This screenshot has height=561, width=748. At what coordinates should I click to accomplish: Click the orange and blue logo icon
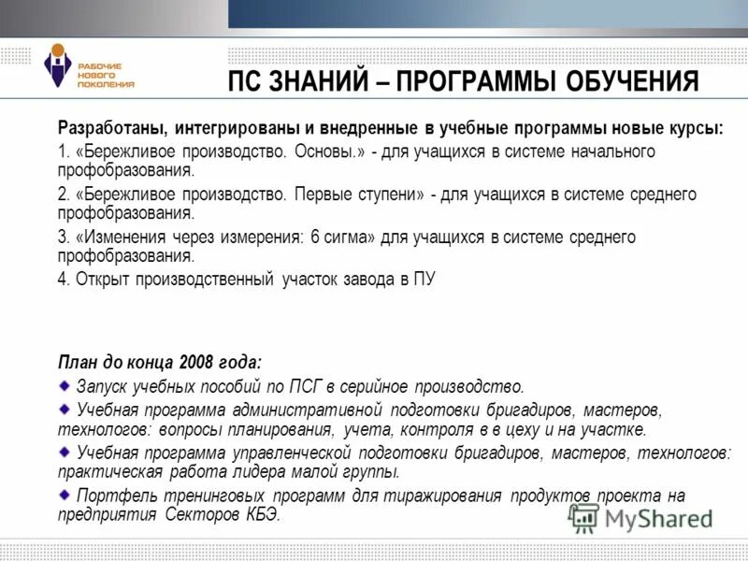point(58,67)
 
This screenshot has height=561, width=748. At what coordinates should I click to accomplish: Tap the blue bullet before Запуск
point(64,384)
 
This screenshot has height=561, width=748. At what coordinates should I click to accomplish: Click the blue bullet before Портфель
point(64,493)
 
